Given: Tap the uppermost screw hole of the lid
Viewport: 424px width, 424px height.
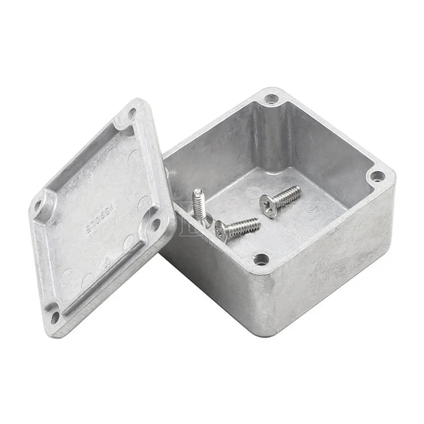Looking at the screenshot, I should click(x=132, y=113).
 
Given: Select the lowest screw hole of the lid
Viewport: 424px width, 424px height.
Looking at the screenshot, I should click(x=55, y=317).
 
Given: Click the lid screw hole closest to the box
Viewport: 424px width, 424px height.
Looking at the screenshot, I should click(x=156, y=224).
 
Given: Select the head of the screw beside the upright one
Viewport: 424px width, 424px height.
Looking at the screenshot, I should click(x=222, y=231).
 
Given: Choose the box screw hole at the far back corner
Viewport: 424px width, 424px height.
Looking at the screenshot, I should click(x=271, y=98).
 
